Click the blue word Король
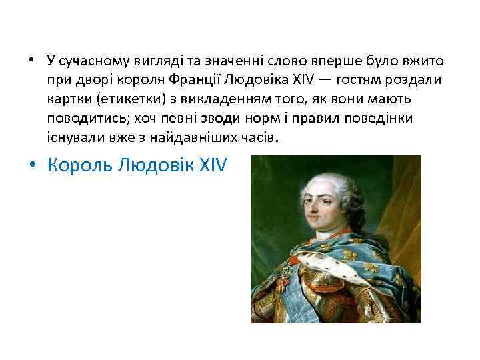pos(81,165)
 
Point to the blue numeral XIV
pos(213,165)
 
